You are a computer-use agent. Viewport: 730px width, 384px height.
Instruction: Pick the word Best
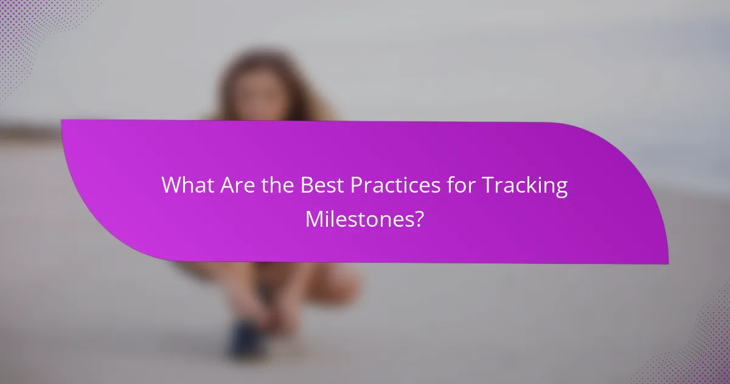pyautogui.click(x=321, y=186)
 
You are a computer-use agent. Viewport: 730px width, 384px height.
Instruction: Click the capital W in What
pyautogui.click(x=172, y=186)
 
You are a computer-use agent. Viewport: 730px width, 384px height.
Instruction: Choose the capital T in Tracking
pyautogui.click(x=486, y=186)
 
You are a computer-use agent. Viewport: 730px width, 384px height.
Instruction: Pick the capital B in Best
pyautogui.click(x=307, y=186)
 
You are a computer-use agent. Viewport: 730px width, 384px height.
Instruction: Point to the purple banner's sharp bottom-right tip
pyautogui.click(x=667, y=263)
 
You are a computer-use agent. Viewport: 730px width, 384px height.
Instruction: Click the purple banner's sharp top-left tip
pyautogui.click(x=62, y=120)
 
